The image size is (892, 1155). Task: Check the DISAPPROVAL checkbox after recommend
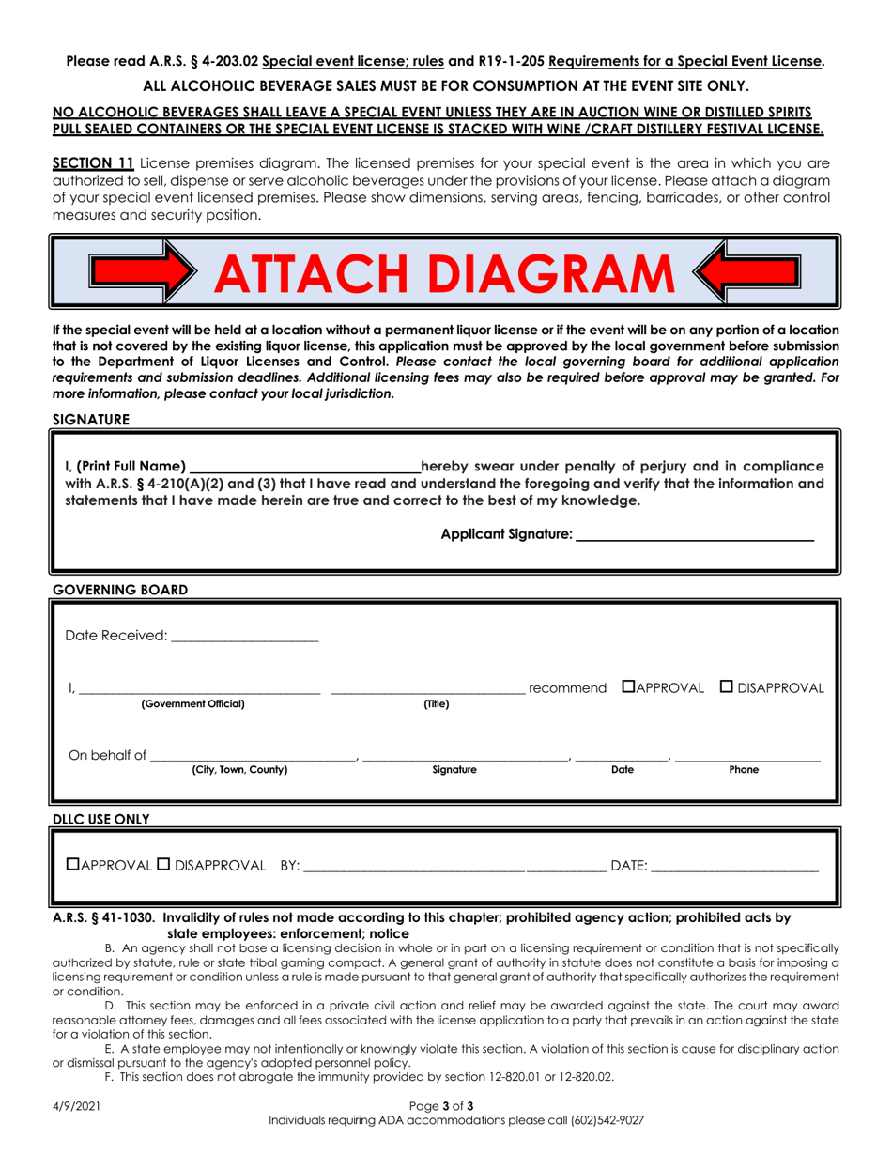(x=727, y=688)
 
